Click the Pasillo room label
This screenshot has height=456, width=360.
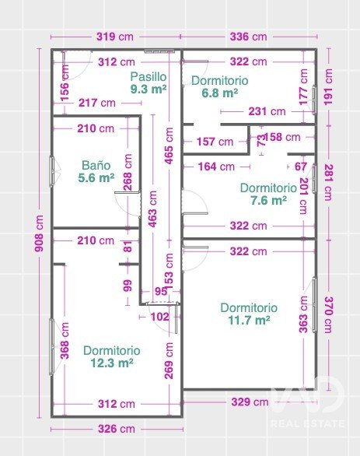coord(149,77)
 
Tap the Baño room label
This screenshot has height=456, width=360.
coord(96,166)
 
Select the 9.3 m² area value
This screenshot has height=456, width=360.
coord(149,89)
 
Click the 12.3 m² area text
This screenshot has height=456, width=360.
coord(112,363)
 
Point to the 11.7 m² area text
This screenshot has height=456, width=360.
coord(249,320)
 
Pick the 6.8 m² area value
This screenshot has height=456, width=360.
coord(220,93)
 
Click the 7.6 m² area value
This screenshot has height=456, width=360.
coord(268,200)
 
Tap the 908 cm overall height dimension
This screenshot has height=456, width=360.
coord(38,233)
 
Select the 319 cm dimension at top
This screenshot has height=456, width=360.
coord(115,37)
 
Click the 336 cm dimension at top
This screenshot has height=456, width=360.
coord(249,37)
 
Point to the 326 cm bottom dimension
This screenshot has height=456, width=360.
coord(117,429)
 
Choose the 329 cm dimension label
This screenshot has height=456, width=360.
coord(250,402)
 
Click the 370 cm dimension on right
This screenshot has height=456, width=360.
coord(328,314)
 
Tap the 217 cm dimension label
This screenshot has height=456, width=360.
coord(97,103)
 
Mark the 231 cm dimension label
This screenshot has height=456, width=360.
coord(267,111)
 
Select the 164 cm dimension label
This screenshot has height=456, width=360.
coord(216,167)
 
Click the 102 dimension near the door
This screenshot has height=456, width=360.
coord(160,317)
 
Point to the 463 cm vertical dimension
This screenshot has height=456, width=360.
coord(152,209)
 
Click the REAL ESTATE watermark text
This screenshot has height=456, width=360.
coord(307,423)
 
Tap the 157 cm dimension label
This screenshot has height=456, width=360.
coord(215,142)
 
